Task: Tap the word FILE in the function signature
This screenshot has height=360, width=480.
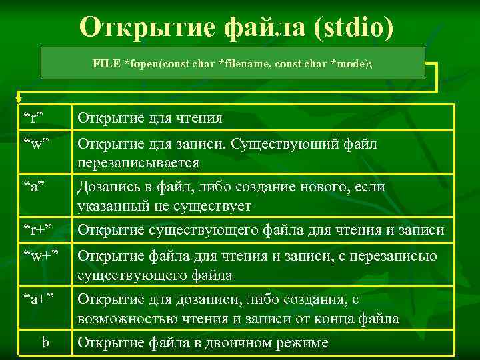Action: (107, 63)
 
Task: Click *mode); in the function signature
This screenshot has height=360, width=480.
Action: (352, 63)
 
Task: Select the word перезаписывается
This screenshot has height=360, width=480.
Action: (138, 163)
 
